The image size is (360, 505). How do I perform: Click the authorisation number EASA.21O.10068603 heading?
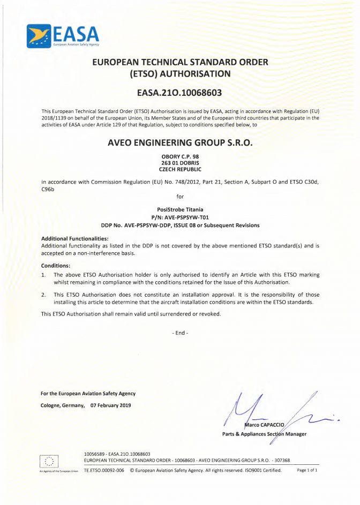(x=179, y=93)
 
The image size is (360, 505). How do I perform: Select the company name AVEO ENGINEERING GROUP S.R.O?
(x=179, y=143)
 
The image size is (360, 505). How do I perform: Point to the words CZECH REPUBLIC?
(x=179, y=169)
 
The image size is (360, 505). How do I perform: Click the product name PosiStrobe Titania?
(x=179, y=209)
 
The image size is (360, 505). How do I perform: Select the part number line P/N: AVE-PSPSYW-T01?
(x=179, y=217)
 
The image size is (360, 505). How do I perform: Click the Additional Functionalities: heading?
(x=74, y=238)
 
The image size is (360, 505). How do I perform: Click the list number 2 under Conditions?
(x=43, y=295)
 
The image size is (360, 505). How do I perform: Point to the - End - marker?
(x=180, y=333)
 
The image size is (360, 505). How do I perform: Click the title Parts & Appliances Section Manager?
(x=264, y=434)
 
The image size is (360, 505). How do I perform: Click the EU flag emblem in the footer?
(x=50, y=460)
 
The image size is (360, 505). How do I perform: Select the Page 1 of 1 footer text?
(x=307, y=470)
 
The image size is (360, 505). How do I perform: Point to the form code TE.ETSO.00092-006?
(x=104, y=470)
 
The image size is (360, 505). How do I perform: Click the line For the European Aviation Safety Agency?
(x=88, y=394)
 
